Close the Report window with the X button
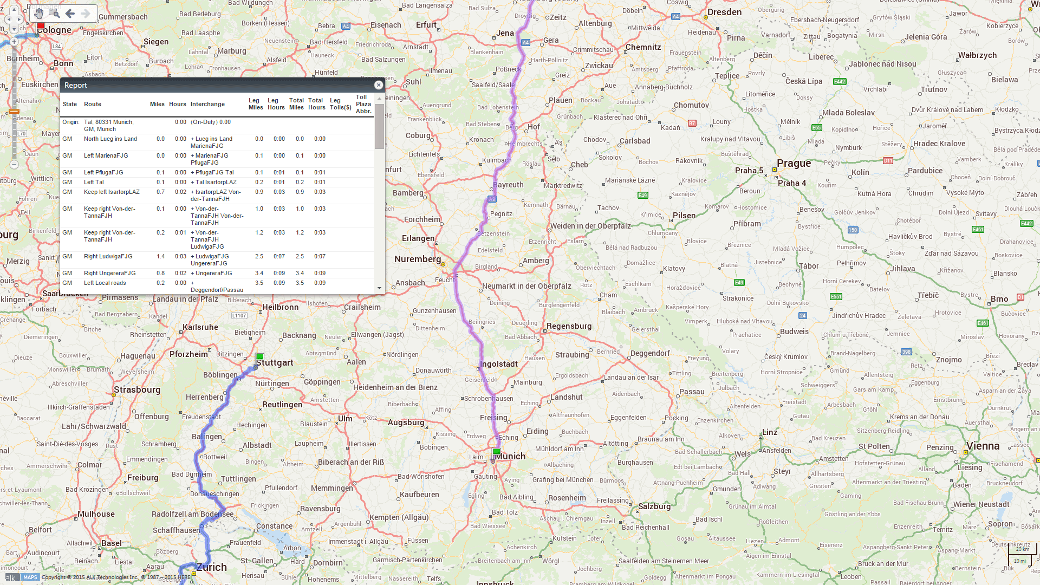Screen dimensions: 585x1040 (x=379, y=85)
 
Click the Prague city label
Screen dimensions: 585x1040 (x=794, y=164)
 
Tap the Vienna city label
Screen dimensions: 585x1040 (x=983, y=446)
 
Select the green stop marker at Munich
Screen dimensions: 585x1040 (x=496, y=452)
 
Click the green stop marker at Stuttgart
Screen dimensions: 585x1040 (x=260, y=357)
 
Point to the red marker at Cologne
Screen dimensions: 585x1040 (x=41, y=26)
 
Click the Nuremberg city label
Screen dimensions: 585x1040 (x=417, y=259)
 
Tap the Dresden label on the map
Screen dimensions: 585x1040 (x=724, y=12)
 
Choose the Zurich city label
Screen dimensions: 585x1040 (x=211, y=567)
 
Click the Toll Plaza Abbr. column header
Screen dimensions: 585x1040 (x=363, y=104)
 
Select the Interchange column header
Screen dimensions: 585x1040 (x=207, y=104)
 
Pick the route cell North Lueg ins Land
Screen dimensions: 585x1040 (x=110, y=139)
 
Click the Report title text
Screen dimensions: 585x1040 (x=76, y=85)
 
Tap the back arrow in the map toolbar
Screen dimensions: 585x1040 (x=70, y=14)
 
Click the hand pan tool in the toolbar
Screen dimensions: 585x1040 (x=39, y=14)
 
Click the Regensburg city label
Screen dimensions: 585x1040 (x=569, y=326)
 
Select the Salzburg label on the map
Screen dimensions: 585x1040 (x=654, y=506)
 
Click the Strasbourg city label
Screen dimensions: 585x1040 (x=137, y=390)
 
